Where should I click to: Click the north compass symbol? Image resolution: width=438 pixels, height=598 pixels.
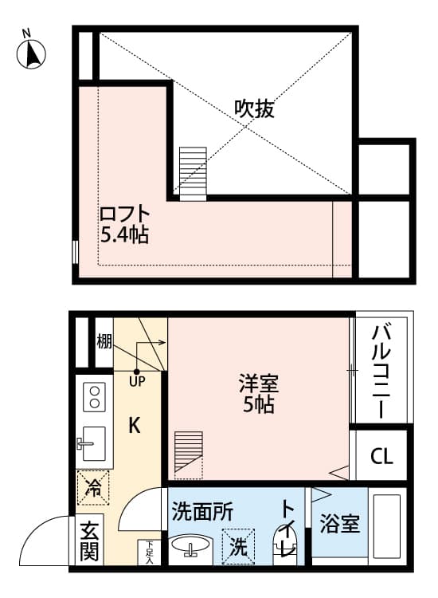(31, 52)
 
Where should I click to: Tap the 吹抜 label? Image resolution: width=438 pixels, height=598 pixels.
(254, 109)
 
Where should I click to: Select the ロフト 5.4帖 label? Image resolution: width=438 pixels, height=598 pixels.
(125, 224)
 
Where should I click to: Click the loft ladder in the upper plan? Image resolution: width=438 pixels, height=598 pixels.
(192, 171)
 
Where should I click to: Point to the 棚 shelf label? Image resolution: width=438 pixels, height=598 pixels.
(104, 342)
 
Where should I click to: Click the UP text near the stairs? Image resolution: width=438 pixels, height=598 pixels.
(137, 382)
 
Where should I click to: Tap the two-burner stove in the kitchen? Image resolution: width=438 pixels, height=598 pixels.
(95, 397)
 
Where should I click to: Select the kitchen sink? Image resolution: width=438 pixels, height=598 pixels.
(94, 439)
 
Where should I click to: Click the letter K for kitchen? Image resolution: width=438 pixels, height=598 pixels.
(135, 427)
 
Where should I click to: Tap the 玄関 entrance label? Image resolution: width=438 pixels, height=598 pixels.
(89, 541)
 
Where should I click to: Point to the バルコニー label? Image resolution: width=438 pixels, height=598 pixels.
(381, 372)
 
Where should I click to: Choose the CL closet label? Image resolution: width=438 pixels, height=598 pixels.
(381, 457)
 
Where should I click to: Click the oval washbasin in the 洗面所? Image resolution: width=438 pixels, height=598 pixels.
(190, 548)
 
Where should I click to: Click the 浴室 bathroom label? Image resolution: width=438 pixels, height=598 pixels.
(340, 525)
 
